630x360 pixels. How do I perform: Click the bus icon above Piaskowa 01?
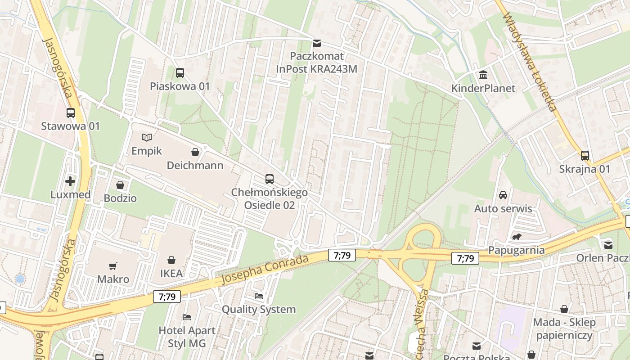point(180,73)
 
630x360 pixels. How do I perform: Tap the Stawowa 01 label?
point(70,126)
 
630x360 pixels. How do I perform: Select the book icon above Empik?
point(147,137)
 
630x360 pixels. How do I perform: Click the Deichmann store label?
point(195,166)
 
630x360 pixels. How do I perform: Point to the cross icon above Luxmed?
point(70,181)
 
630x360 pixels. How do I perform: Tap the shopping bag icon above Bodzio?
point(120,185)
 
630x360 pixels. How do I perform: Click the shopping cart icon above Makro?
point(113,266)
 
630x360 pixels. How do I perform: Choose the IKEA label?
point(171,274)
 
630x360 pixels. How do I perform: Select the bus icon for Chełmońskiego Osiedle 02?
point(270,179)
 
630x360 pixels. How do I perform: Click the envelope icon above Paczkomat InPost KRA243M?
point(317,43)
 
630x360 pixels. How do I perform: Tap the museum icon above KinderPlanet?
point(483,75)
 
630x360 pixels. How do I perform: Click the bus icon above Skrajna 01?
point(585,156)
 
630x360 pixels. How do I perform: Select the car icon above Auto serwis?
point(503,195)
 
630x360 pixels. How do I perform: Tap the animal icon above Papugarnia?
point(516,237)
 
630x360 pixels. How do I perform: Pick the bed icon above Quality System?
point(259,296)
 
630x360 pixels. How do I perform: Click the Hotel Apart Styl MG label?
point(187,337)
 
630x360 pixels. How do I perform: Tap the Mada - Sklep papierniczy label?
point(564,328)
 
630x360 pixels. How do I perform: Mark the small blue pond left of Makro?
point(20,279)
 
